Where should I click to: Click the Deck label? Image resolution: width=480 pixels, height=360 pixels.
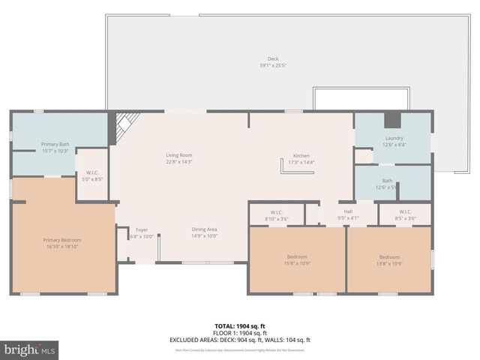tap(272, 59)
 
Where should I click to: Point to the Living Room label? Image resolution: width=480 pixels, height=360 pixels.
tap(179, 155)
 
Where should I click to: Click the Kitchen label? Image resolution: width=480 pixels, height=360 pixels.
tap(301, 156)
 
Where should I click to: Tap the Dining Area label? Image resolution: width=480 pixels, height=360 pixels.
tap(205, 229)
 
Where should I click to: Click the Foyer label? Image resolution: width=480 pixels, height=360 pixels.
tap(141, 229)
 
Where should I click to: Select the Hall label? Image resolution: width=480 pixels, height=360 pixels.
tap(348, 212)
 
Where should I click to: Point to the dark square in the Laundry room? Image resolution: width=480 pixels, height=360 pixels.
tap(391, 120)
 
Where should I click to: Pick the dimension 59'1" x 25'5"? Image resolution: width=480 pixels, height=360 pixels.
tap(272, 66)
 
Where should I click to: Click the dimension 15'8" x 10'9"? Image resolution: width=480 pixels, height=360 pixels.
tap(297, 263)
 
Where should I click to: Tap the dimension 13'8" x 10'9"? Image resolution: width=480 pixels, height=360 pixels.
tap(388, 263)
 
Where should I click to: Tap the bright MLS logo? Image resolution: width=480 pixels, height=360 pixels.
tap(30, 350)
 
